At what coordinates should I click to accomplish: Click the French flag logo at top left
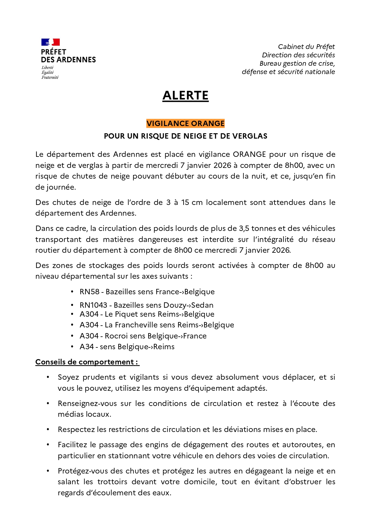click(51, 42)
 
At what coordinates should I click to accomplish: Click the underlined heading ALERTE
click(185, 96)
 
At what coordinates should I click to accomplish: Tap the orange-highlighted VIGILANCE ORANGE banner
click(185, 123)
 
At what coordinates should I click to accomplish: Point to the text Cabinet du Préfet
click(306, 47)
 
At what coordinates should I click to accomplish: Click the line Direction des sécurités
click(298, 55)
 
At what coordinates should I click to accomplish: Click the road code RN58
click(89, 292)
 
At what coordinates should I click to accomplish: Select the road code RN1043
click(93, 305)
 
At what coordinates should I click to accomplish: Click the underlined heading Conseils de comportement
click(87, 362)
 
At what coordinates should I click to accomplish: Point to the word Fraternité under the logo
click(50, 77)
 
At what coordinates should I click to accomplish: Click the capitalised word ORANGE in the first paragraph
click(249, 154)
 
